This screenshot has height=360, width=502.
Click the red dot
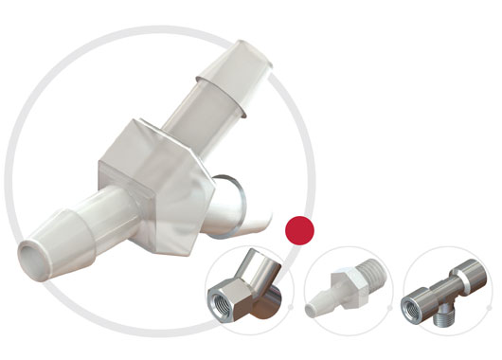tap(299, 229)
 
